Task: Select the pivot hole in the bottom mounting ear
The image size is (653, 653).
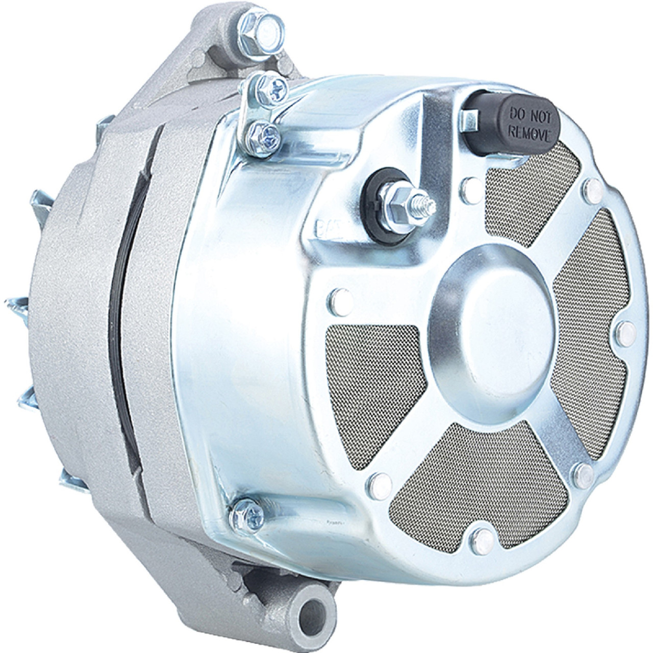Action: click(315, 612)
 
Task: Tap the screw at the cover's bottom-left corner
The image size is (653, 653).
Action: click(247, 514)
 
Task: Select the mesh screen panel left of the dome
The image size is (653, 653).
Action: click(372, 388)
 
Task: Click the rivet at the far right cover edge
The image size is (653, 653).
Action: click(626, 333)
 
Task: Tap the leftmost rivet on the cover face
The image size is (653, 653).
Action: click(340, 302)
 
